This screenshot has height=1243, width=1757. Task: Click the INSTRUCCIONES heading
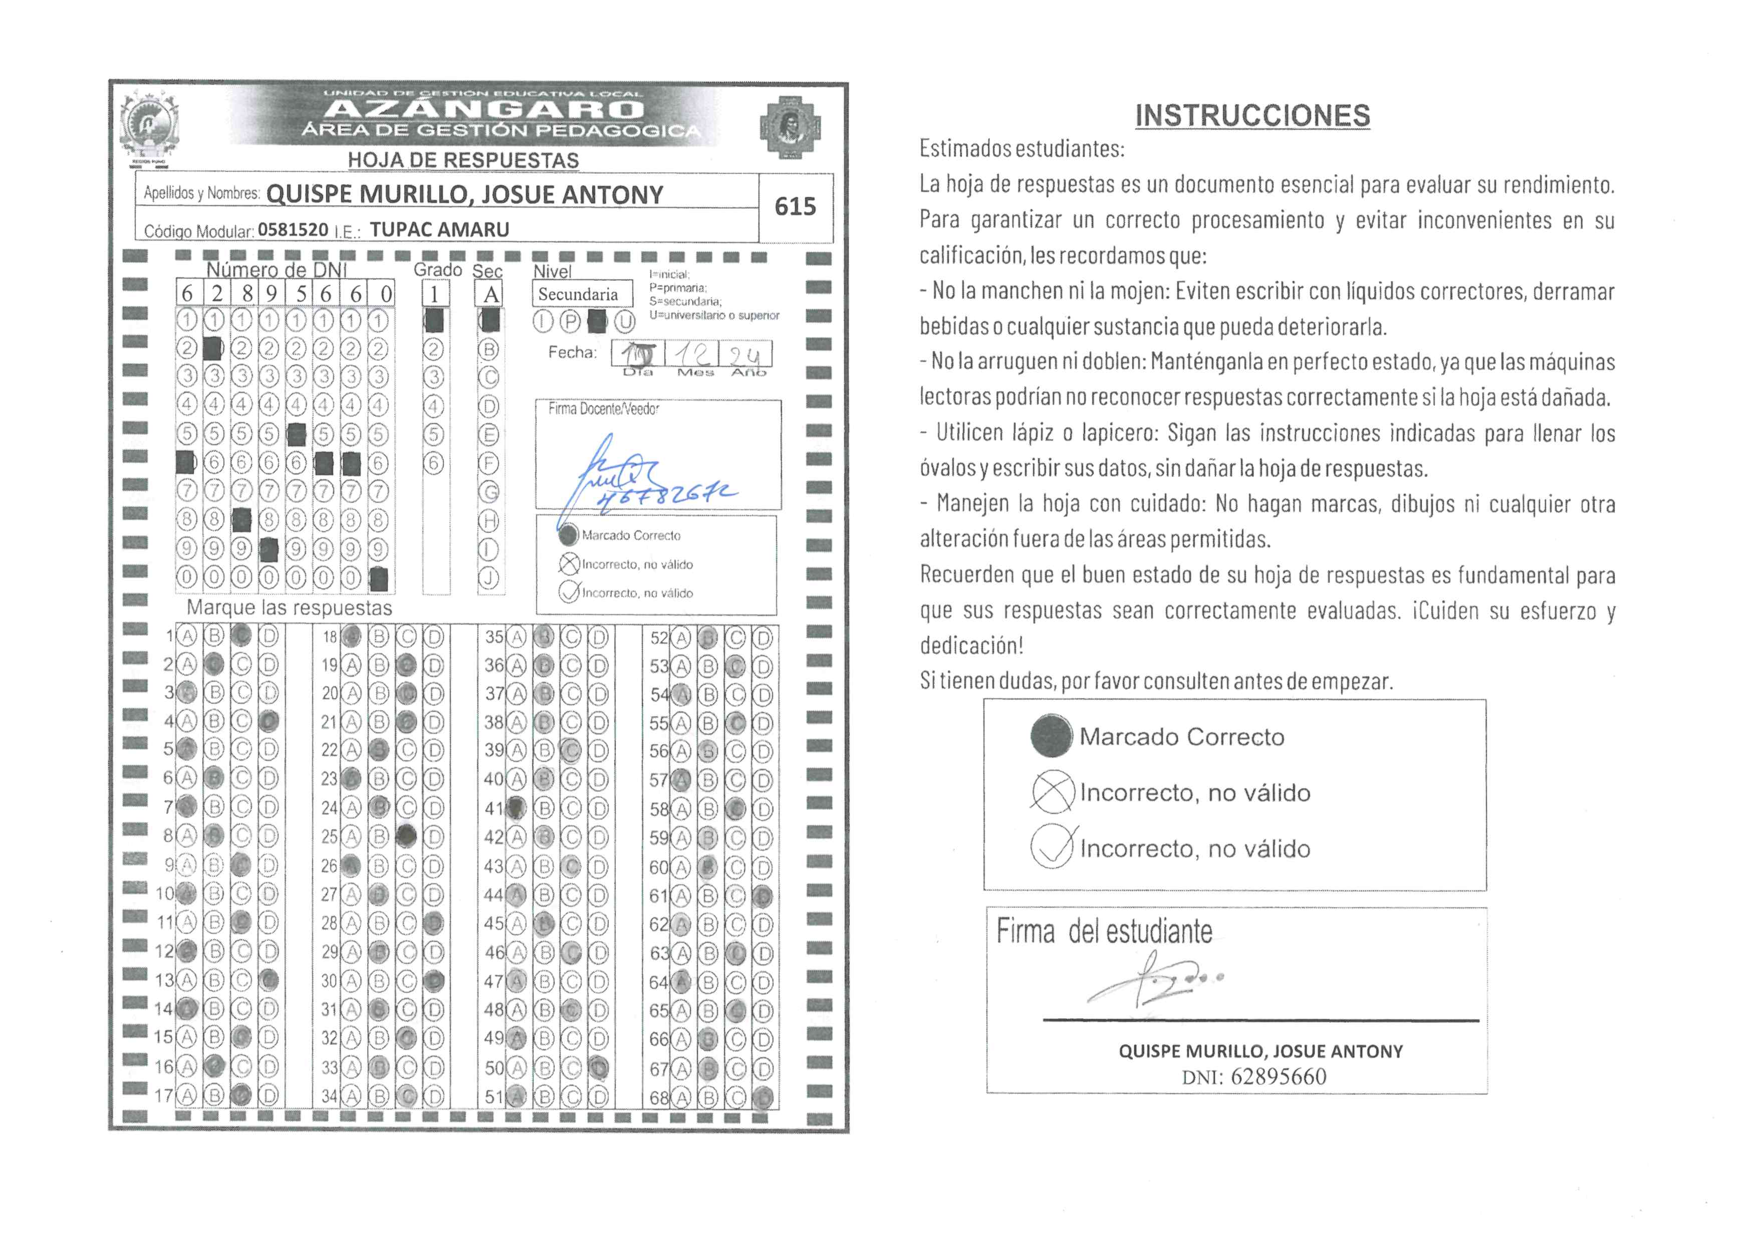click(x=1252, y=116)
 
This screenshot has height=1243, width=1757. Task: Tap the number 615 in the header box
click(x=795, y=206)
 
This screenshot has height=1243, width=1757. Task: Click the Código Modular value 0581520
click(x=293, y=230)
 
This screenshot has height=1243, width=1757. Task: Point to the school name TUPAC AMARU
click(x=439, y=230)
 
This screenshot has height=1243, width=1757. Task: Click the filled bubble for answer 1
click(x=241, y=635)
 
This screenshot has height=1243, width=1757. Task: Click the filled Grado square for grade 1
click(x=434, y=321)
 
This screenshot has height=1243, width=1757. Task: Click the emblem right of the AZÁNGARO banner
click(x=791, y=126)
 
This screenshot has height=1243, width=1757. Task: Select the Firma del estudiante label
click(x=1104, y=931)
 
